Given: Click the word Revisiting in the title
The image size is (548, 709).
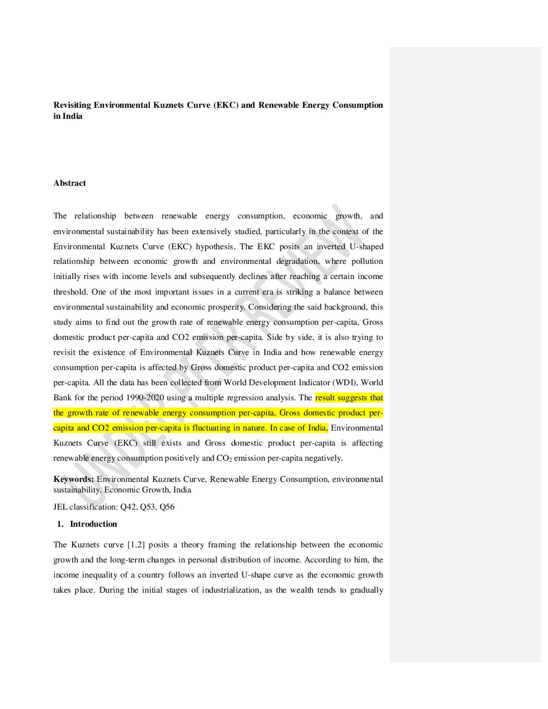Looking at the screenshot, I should [72, 105].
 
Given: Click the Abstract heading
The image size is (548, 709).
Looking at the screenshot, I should [70, 183].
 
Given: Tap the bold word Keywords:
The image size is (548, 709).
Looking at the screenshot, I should [74, 479].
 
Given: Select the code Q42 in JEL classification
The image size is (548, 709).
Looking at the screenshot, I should [128, 507].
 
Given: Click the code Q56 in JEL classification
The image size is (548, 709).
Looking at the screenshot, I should [167, 507].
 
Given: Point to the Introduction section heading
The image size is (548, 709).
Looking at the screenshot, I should [93, 524].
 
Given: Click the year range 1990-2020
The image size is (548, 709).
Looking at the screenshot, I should [145, 398].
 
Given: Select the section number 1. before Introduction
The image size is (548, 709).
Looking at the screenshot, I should [60, 524].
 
